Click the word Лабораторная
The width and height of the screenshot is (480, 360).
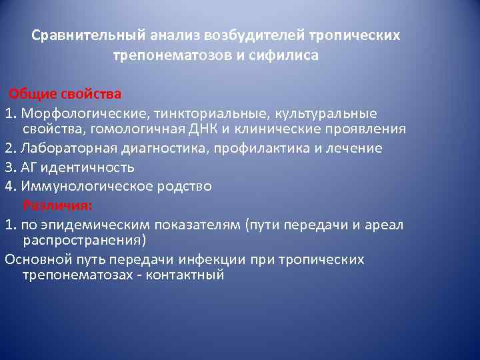pos(63,149)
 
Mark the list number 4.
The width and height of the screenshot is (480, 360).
pos(9,186)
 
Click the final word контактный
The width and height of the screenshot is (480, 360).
pos(189,274)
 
